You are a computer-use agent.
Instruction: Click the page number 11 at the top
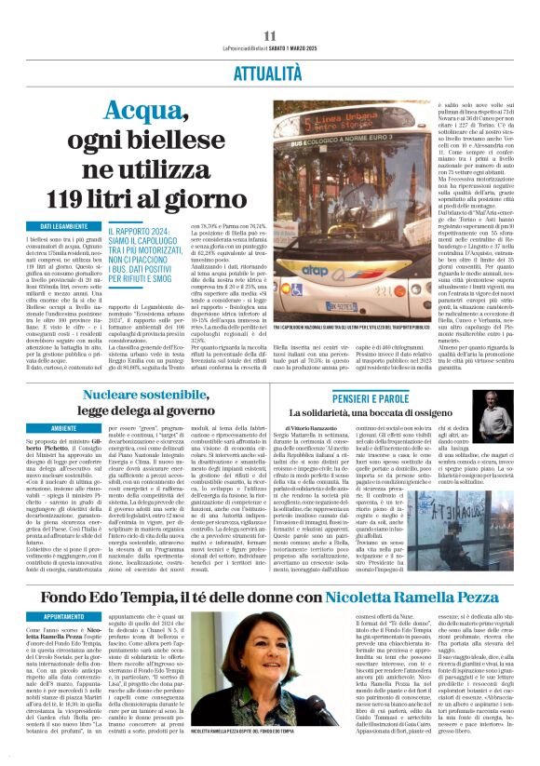pyautogui.click(x=270, y=34)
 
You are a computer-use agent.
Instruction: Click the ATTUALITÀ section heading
pyautogui.click(x=269, y=73)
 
